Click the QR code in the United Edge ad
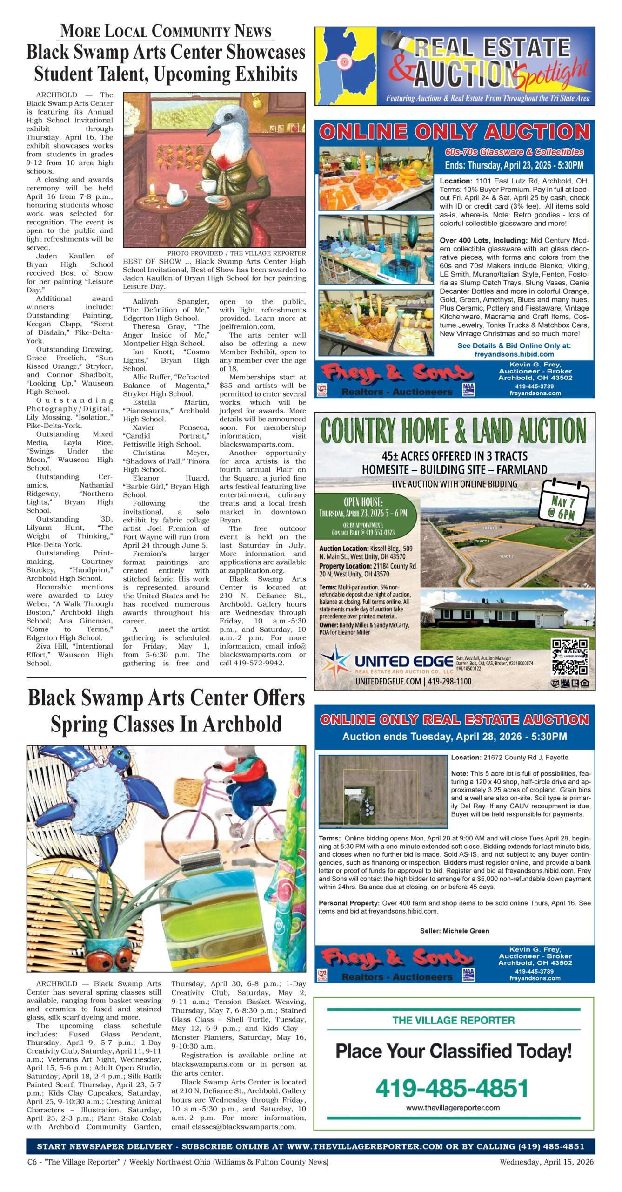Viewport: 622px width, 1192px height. pyautogui.click(x=569, y=657)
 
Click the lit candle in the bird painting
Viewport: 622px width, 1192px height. pyautogui.click(x=152, y=188)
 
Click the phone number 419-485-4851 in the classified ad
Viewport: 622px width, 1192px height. pyautogui.click(x=452, y=1088)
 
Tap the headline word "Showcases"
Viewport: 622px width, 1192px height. pyautogui.click(x=265, y=52)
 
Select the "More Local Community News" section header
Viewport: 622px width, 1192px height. pyautogui.click(x=166, y=32)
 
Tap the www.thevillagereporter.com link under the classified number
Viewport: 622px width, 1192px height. pyautogui.click(x=453, y=1108)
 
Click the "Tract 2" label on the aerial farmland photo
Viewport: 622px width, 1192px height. pyautogui.click(x=506, y=556)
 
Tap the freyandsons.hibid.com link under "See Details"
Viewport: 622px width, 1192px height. pyautogui.click(x=514, y=354)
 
